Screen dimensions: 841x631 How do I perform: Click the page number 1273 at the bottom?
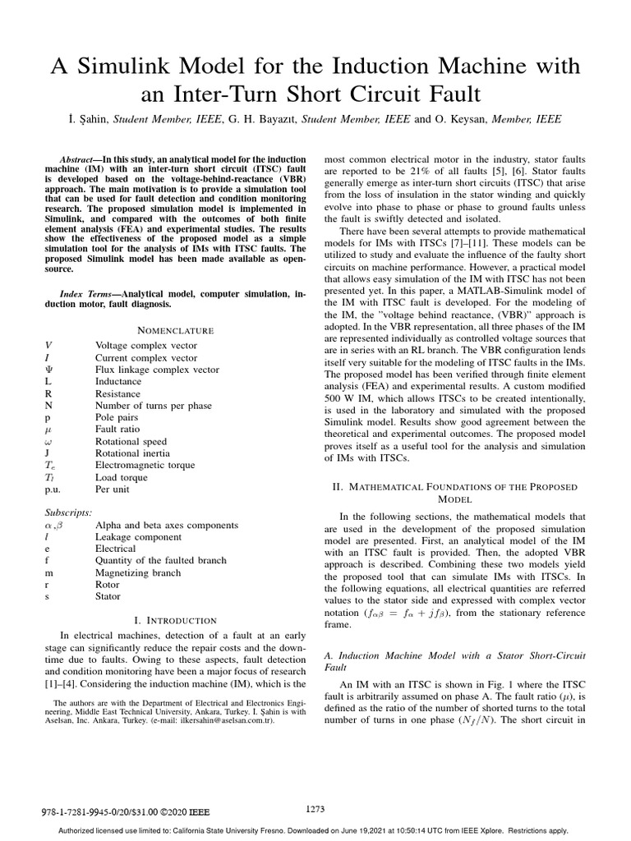click(x=315, y=809)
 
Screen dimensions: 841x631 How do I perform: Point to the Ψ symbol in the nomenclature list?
click(x=48, y=370)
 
